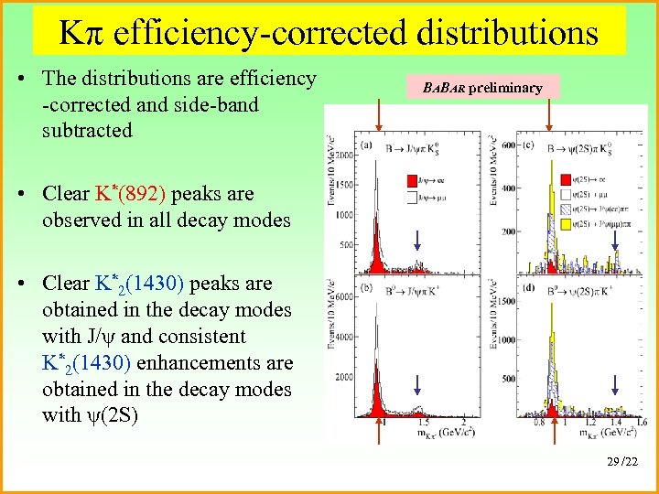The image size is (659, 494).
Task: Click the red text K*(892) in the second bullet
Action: pyautogui.click(x=130, y=194)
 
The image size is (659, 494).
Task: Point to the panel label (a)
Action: pyautogui.click(x=367, y=145)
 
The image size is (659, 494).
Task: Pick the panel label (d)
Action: pyautogui.click(x=528, y=289)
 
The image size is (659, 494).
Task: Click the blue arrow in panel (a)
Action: pyautogui.click(x=417, y=240)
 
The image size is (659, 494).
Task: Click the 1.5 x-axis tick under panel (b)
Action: pyautogui.click(x=423, y=424)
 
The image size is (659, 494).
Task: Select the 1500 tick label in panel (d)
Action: pyautogui.click(x=503, y=301)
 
